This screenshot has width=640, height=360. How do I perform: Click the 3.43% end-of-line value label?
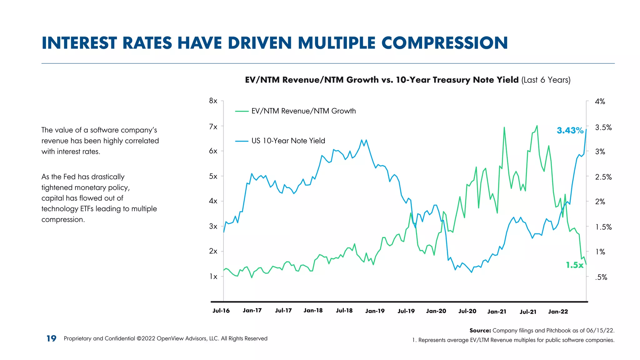(570, 130)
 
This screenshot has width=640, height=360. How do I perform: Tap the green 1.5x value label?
(574, 265)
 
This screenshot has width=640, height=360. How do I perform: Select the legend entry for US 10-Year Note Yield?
(288, 141)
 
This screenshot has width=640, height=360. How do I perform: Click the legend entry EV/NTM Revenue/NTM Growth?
(303, 111)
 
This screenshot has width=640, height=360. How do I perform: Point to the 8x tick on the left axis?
(213, 101)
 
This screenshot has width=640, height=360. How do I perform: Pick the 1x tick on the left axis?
(213, 276)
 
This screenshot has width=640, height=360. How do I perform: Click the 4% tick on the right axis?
(600, 102)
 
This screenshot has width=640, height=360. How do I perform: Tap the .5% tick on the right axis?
(601, 277)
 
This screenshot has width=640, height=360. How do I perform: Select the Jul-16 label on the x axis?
(221, 311)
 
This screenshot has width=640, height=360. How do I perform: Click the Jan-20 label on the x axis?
(436, 311)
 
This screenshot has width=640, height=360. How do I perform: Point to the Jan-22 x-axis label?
(558, 312)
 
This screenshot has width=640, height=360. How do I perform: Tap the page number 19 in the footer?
(51, 338)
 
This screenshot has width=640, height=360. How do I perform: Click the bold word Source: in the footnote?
(480, 330)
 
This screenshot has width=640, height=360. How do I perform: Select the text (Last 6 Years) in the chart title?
(546, 80)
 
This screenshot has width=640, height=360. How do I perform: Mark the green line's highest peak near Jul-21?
(537, 126)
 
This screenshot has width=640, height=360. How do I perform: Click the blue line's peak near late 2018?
(362, 140)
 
